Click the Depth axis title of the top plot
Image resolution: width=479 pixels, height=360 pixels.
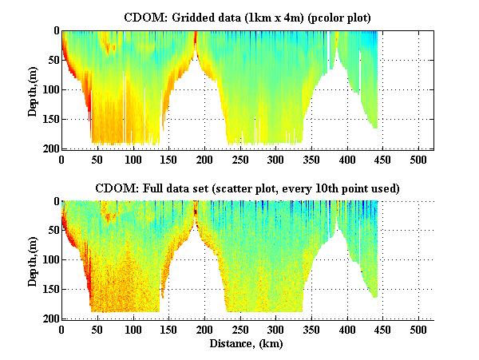33,89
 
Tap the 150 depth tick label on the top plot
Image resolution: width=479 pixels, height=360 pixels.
49,119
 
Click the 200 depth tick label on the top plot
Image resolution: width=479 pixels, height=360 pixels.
49,148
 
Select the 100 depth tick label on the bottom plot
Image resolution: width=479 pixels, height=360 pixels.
49,260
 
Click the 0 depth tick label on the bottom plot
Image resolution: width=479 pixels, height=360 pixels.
55,201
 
